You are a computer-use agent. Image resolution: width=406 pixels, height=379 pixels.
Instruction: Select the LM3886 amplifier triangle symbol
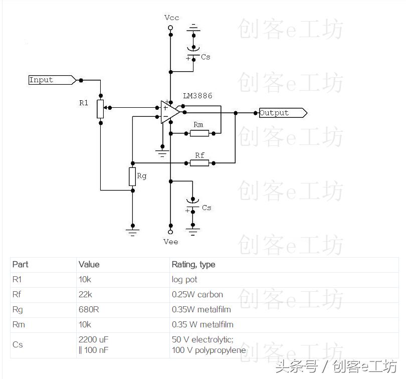[x=169, y=112]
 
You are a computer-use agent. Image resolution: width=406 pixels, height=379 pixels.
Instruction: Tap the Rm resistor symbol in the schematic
[x=199, y=133]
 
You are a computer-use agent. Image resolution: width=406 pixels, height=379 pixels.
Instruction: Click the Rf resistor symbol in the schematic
[x=199, y=163]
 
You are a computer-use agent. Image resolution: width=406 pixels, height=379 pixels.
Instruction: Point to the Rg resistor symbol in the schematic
[x=132, y=176]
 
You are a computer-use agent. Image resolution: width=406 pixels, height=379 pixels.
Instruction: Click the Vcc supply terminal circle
[x=170, y=28]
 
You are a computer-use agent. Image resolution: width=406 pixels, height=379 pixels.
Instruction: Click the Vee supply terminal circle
[x=170, y=233]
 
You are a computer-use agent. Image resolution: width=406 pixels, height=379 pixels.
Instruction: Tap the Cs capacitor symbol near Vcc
[x=193, y=52]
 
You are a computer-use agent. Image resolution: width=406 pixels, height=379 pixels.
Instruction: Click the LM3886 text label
[x=198, y=95]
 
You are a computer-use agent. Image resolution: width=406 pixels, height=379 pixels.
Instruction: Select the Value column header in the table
[x=89, y=264]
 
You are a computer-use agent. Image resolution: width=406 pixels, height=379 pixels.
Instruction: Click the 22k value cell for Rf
[x=85, y=294]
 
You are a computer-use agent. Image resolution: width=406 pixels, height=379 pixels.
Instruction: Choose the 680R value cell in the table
[x=89, y=309]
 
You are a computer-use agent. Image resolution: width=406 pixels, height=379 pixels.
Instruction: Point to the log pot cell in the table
[x=184, y=279]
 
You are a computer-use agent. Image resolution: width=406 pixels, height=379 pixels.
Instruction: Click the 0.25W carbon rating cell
[x=197, y=294]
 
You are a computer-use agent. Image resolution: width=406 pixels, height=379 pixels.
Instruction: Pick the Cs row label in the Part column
[x=18, y=344]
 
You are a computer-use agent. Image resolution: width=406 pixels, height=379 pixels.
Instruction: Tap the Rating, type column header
[x=193, y=264]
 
